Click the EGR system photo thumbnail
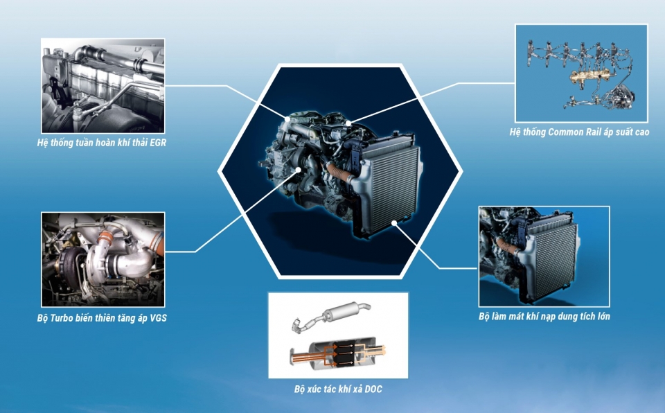click(x=103, y=86)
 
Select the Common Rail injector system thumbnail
click(x=581, y=73)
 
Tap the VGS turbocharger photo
click(x=103, y=259)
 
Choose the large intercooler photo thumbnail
click(x=544, y=256)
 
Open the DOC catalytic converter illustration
click(x=338, y=335)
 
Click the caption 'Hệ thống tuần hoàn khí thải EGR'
click(x=102, y=143)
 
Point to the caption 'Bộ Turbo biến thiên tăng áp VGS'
click(x=102, y=318)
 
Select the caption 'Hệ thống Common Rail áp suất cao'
click(x=579, y=132)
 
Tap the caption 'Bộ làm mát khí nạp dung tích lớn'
click(x=544, y=316)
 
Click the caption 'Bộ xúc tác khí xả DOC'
click(x=338, y=389)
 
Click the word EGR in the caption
click(x=158, y=143)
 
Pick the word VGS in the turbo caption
click(x=158, y=318)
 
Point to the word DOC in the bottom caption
click(x=373, y=389)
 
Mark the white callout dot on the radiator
click(x=394, y=222)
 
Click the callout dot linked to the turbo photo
click(x=299, y=169)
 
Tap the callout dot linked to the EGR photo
click(x=287, y=119)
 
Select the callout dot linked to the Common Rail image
click(x=348, y=123)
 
